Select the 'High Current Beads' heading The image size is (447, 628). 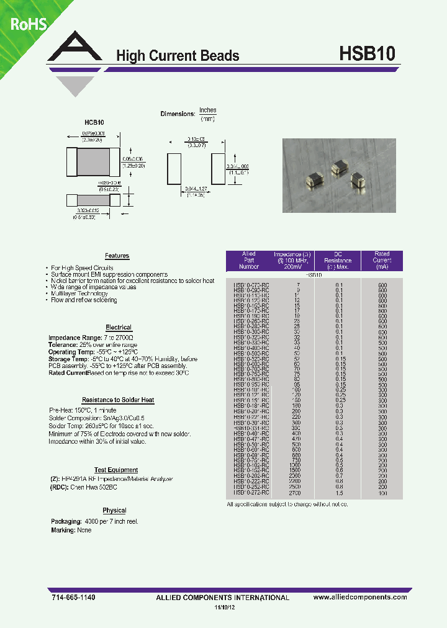click(x=178, y=56)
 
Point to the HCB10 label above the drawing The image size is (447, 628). click(x=94, y=123)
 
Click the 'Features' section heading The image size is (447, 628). click(x=117, y=256)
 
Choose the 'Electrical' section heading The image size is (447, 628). click(x=119, y=327)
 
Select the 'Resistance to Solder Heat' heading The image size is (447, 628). click(x=118, y=400)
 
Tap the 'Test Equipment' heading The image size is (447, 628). click(x=116, y=470)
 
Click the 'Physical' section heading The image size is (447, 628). click(x=114, y=510)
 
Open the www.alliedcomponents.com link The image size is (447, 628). click(x=360, y=596)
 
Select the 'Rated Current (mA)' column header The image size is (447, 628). click(x=382, y=261)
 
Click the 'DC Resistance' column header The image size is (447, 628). click(x=338, y=261)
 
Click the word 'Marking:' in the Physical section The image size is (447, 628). click(x=63, y=531)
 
